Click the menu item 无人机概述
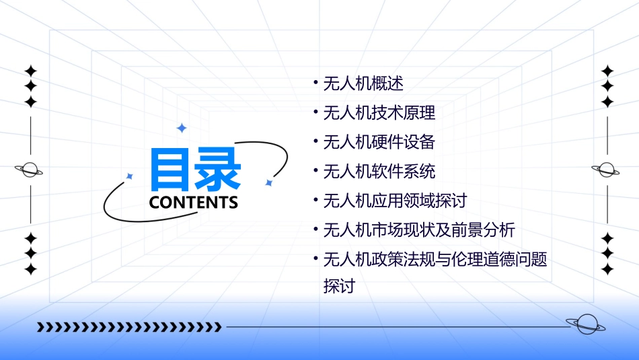coord(363,84)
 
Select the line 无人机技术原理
coord(379,113)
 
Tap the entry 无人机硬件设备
coord(379,142)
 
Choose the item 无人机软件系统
coord(379,172)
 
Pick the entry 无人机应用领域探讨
coord(395,201)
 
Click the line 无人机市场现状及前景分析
coord(419,230)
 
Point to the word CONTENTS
coord(194,203)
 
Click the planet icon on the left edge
coord(29,170)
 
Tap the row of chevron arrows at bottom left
coord(129,327)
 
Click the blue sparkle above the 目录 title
coord(181,128)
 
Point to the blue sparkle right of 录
coord(268,182)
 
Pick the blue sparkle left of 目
coord(130,176)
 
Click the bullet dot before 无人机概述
coord(315,84)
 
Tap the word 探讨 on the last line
coord(339,286)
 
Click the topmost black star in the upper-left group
coord(30,71)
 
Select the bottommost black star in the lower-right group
coord(607,269)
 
